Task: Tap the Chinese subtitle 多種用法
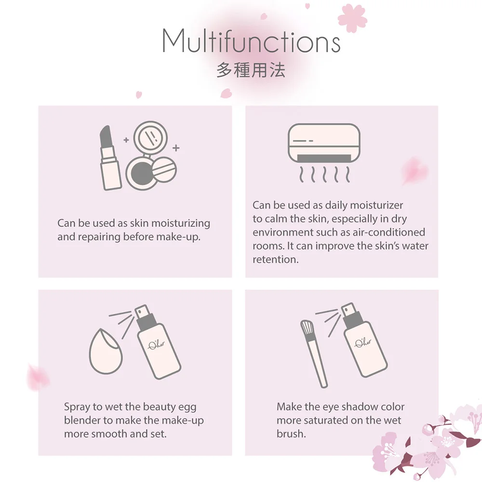point(251,70)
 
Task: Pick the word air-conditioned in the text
point(392,232)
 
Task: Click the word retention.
point(276,259)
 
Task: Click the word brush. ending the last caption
point(291,434)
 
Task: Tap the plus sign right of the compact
point(176,147)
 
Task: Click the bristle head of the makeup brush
point(307,329)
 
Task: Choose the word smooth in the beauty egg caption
point(107,434)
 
